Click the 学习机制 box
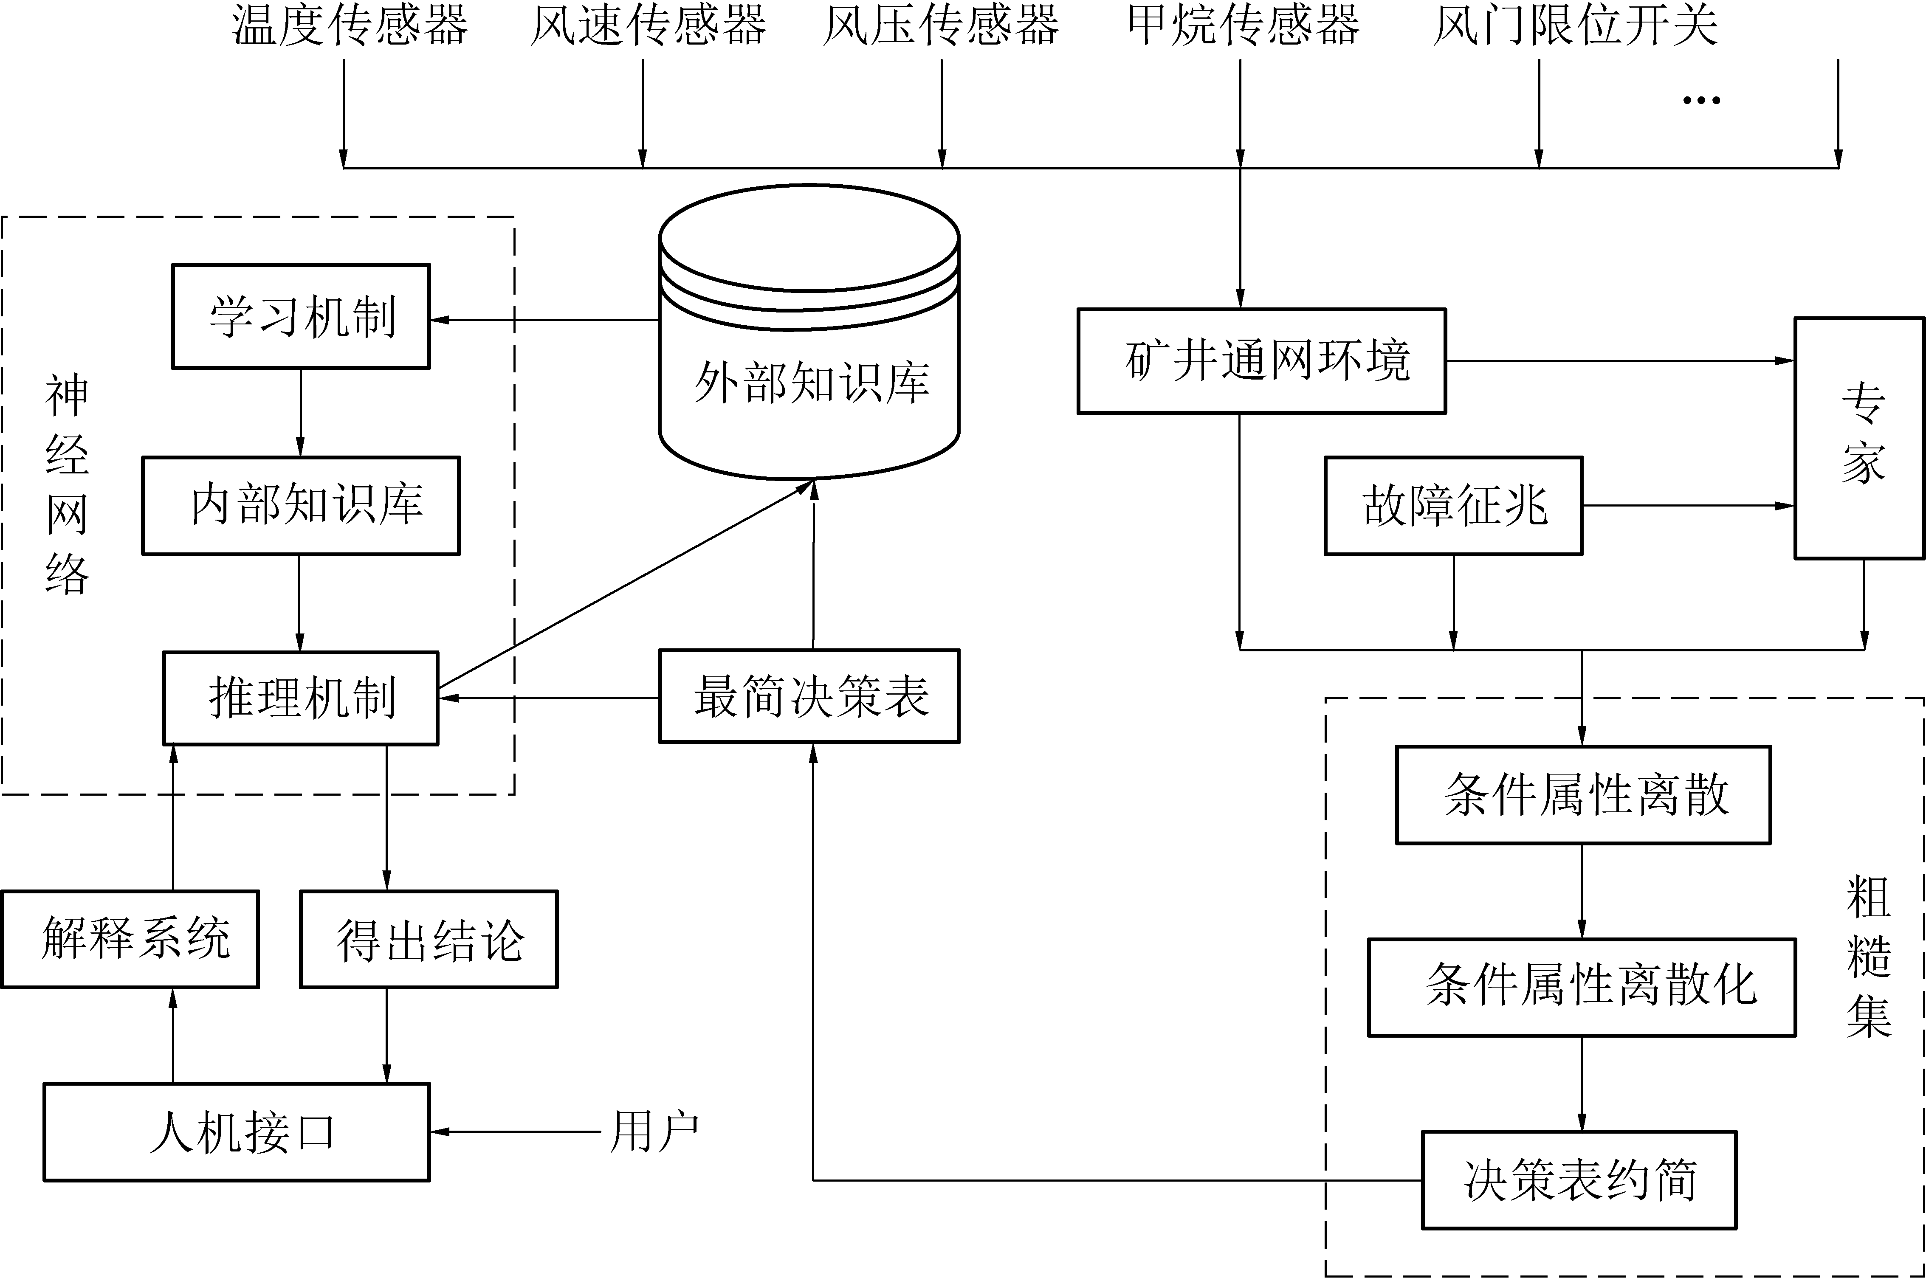click(301, 316)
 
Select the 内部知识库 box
click(301, 505)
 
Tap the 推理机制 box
click(301, 698)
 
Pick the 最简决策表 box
click(809, 696)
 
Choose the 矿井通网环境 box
click(1262, 361)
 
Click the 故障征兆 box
click(1453, 505)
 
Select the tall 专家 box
click(1859, 439)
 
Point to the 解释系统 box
click(130, 939)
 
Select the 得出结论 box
click(429, 939)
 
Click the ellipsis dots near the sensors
click(1701, 100)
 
